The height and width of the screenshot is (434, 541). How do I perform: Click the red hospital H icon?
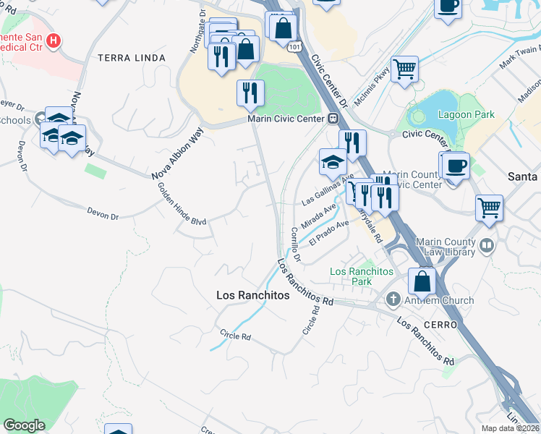click(x=51, y=41)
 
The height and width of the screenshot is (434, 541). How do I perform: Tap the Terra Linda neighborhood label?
click(x=131, y=57)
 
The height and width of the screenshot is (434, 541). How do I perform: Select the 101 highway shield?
click(x=293, y=46)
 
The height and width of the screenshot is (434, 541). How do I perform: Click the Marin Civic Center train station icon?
click(x=333, y=119)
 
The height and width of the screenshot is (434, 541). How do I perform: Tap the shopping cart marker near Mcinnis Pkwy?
click(x=405, y=70)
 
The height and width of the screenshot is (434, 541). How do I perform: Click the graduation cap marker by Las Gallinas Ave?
click(x=333, y=162)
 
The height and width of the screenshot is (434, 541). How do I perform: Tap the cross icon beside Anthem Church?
click(x=393, y=299)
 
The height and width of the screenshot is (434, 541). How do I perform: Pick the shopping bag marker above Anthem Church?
click(x=422, y=281)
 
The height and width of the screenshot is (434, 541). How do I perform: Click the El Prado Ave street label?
click(x=329, y=232)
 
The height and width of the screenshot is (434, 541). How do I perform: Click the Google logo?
click(x=24, y=425)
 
